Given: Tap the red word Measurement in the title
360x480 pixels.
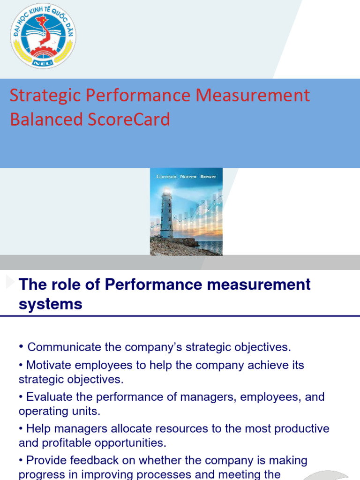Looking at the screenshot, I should pos(253,95).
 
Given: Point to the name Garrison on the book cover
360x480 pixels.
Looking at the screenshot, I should pos(166,177).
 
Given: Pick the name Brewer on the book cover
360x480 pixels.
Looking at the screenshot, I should pos(208,177).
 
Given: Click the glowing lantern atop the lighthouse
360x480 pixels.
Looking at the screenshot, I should pos(166,192).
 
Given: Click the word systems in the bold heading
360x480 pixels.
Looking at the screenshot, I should pos(50,304).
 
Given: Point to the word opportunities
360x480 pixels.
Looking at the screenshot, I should pos(133,443).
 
